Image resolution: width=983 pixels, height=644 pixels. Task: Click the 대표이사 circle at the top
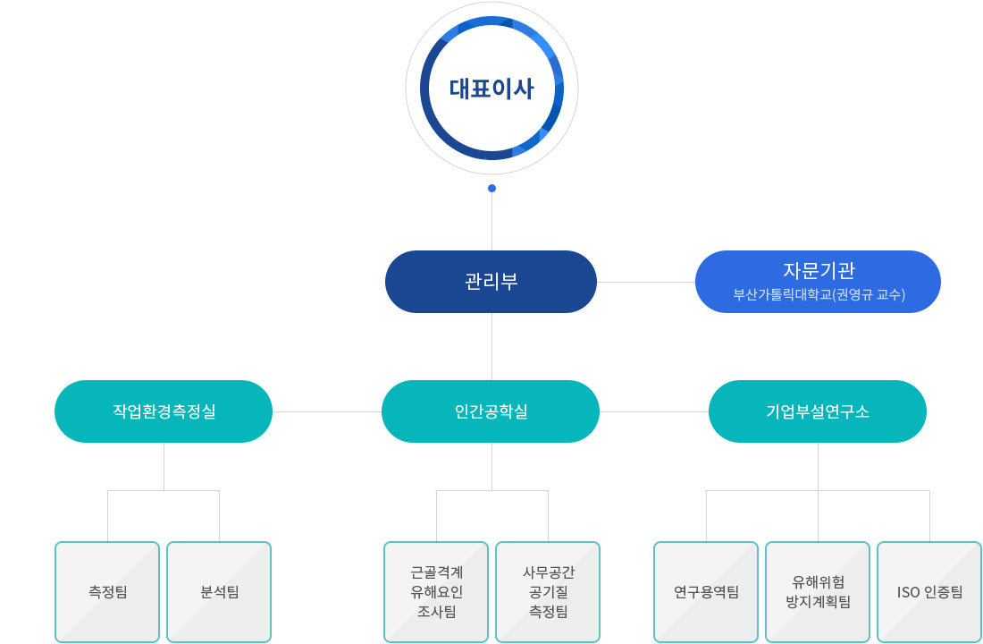click(x=491, y=88)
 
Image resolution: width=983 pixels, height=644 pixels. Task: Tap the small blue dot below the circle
click(x=491, y=189)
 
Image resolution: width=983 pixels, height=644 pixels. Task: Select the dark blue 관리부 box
click(x=491, y=281)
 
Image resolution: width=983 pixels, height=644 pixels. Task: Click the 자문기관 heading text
click(x=819, y=270)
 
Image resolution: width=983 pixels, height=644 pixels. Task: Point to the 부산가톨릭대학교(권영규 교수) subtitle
click(x=819, y=294)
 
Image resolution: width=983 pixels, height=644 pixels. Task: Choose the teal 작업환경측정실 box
click(x=164, y=411)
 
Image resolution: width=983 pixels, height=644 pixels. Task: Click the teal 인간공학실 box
click(x=491, y=411)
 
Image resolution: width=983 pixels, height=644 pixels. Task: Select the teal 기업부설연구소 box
click(x=818, y=411)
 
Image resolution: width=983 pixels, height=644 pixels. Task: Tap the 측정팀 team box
click(x=107, y=592)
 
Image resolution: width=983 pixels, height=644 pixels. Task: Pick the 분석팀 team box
click(x=219, y=592)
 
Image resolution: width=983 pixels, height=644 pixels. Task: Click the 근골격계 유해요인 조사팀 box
click(x=436, y=592)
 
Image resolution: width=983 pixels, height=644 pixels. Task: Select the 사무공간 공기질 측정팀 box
click(x=548, y=592)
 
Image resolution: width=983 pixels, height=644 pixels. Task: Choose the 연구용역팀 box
click(x=706, y=592)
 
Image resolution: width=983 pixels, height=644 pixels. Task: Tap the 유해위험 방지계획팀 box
click(x=818, y=592)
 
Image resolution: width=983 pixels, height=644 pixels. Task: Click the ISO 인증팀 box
click(x=929, y=592)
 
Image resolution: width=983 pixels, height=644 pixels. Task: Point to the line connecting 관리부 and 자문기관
click(x=646, y=282)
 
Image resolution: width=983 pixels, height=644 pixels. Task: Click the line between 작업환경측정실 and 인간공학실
click(x=327, y=411)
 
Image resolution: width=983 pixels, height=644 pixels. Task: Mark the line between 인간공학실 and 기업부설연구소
click(x=654, y=411)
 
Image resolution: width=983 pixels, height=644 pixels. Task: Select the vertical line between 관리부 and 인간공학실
click(x=491, y=346)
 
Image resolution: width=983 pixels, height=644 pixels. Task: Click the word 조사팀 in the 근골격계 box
click(x=436, y=612)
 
